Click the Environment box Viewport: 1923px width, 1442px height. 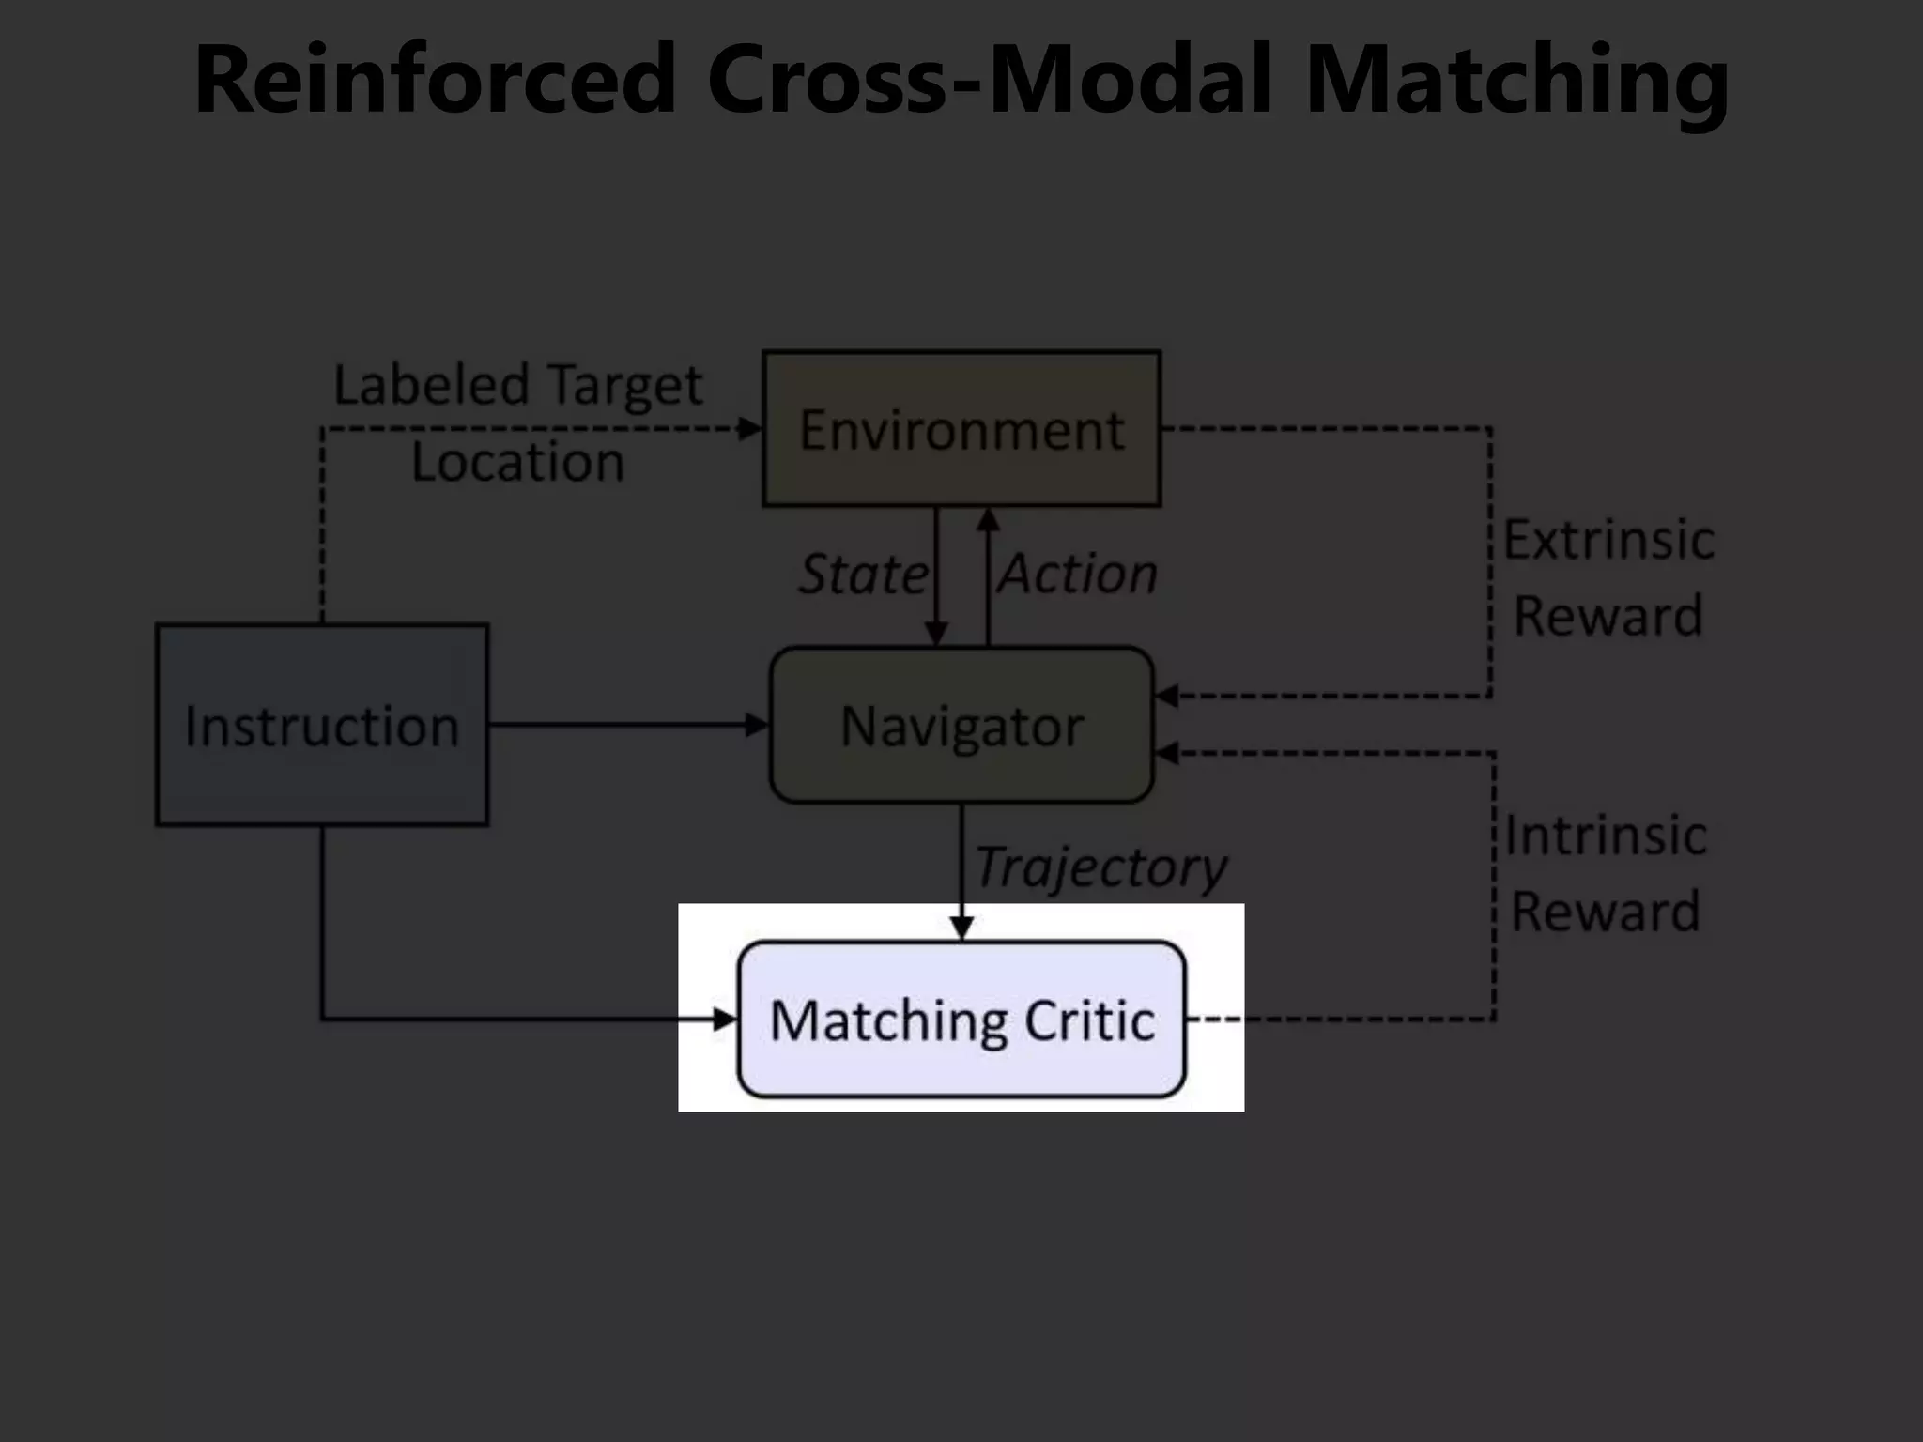961,429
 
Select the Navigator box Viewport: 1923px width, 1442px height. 961,725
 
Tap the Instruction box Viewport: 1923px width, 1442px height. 322,725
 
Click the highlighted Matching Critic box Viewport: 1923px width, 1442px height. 961,1020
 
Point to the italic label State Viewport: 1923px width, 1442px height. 862,574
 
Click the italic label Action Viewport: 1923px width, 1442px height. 1078,574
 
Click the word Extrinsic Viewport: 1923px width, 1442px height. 1608,540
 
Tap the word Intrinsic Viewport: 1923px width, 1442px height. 1605,836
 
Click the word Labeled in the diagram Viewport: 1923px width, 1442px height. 431,385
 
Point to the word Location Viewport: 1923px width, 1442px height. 517,462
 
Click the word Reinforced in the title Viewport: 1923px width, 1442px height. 434,79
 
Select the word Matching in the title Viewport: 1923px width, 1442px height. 1515,79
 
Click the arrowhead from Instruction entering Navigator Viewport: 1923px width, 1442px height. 757,725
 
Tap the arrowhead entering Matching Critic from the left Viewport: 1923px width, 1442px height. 726,1020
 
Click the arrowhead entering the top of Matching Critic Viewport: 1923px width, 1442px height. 961,928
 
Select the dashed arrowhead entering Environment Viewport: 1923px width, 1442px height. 750,429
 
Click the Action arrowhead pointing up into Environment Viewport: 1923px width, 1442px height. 988,519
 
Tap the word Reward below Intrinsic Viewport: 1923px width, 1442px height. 1605,911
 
